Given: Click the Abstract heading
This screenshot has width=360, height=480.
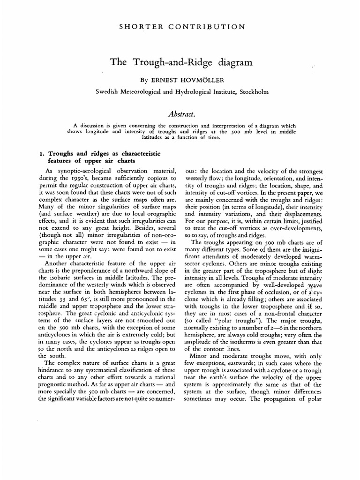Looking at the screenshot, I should pyautogui.click(x=180, y=113).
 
